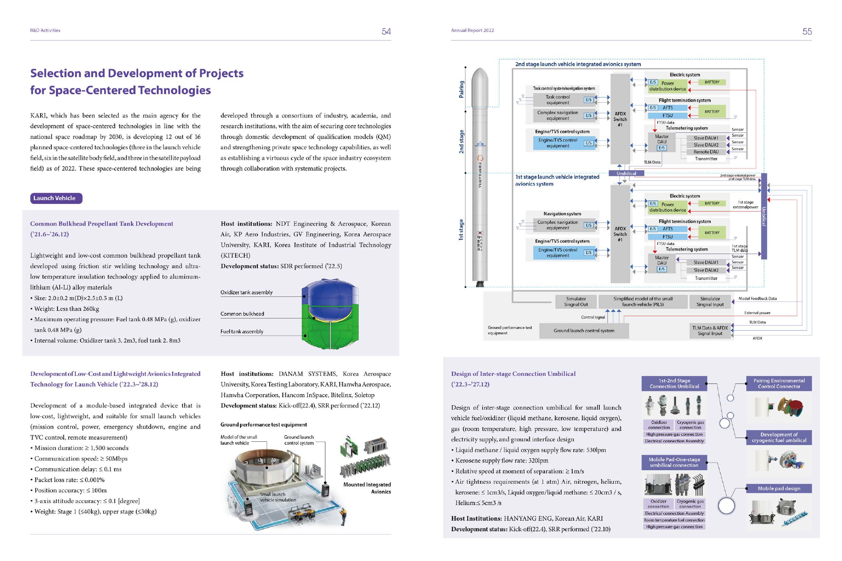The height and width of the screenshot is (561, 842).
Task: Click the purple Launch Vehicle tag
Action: pos(56,198)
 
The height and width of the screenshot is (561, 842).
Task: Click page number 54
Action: pos(386,32)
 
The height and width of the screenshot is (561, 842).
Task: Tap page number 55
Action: pos(807,32)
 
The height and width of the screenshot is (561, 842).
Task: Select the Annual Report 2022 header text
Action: pos(472,31)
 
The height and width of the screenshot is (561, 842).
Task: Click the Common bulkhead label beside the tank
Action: pos(242,314)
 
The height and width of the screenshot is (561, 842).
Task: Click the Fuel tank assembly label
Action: pos(242,332)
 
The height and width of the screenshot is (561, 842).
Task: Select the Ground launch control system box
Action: pos(584,331)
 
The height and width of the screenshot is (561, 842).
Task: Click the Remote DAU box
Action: pos(706,152)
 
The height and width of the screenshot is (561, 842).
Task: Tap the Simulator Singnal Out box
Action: pos(576,301)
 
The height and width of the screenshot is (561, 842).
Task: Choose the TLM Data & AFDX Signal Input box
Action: pos(710,331)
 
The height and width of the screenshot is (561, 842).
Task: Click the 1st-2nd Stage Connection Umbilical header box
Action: pos(674,383)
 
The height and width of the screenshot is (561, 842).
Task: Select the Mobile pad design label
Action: pos(779,488)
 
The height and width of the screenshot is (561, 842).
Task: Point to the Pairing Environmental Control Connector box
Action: pos(779,383)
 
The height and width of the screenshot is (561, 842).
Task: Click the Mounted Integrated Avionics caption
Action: pos(367,488)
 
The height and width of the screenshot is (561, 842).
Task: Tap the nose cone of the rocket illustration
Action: pos(479,75)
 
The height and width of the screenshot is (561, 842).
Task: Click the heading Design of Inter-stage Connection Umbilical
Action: pos(513,374)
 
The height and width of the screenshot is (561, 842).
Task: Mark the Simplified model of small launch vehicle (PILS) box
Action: pos(643,301)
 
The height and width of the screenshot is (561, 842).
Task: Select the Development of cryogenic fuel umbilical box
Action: pos(779,438)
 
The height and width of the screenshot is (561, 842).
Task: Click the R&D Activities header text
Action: pos(45,31)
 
